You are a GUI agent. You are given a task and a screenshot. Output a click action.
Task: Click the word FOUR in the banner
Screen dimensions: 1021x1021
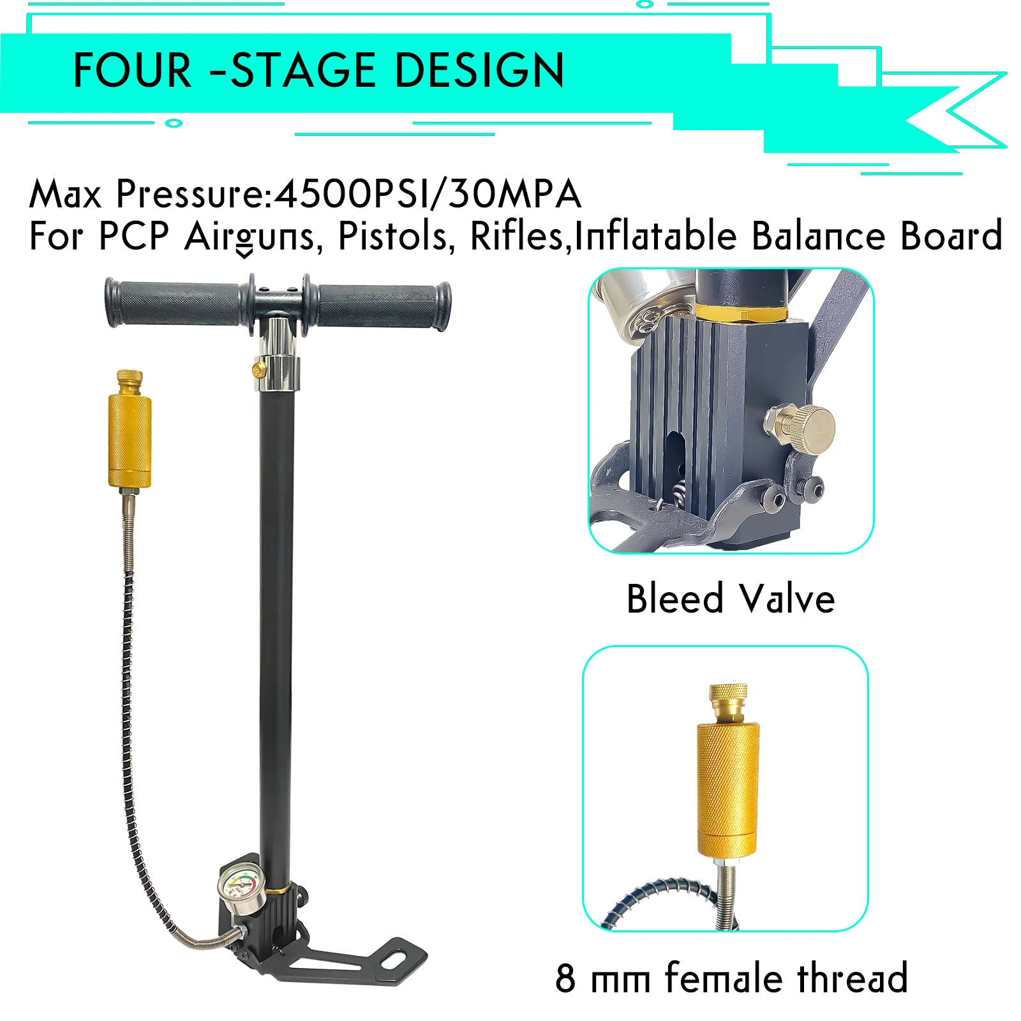(x=132, y=70)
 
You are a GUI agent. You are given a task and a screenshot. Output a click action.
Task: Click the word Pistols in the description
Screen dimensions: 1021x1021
(x=396, y=236)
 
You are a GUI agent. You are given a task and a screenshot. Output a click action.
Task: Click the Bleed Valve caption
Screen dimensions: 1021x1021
(x=731, y=599)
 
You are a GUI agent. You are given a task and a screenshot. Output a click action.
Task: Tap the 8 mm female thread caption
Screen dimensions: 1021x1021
(x=731, y=978)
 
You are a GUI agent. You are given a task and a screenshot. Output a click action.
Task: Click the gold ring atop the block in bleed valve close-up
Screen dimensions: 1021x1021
(x=740, y=313)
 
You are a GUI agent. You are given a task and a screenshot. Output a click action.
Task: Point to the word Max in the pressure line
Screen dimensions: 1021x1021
(x=66, y=194)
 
